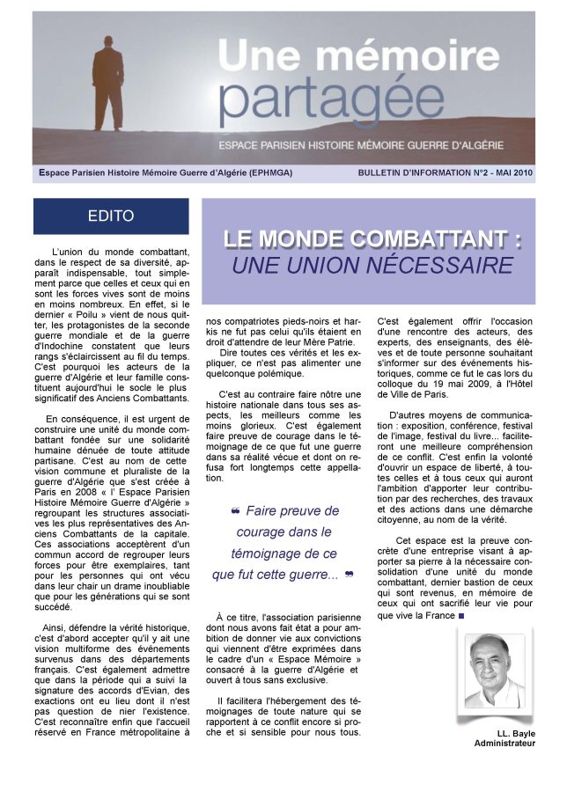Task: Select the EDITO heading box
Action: (111, 216)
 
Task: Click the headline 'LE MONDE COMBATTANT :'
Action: (372, 239)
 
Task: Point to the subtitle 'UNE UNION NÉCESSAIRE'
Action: (372, 265)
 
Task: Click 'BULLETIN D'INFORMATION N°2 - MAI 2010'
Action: (445, 172)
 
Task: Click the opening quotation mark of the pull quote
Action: (235, 511)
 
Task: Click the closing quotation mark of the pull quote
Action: (350, 575)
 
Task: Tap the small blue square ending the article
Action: (461, 616)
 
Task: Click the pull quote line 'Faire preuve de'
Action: (292, 510)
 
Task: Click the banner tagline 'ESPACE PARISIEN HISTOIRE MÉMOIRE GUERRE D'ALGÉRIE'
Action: (376, 143)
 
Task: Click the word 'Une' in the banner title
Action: (261, 57)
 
